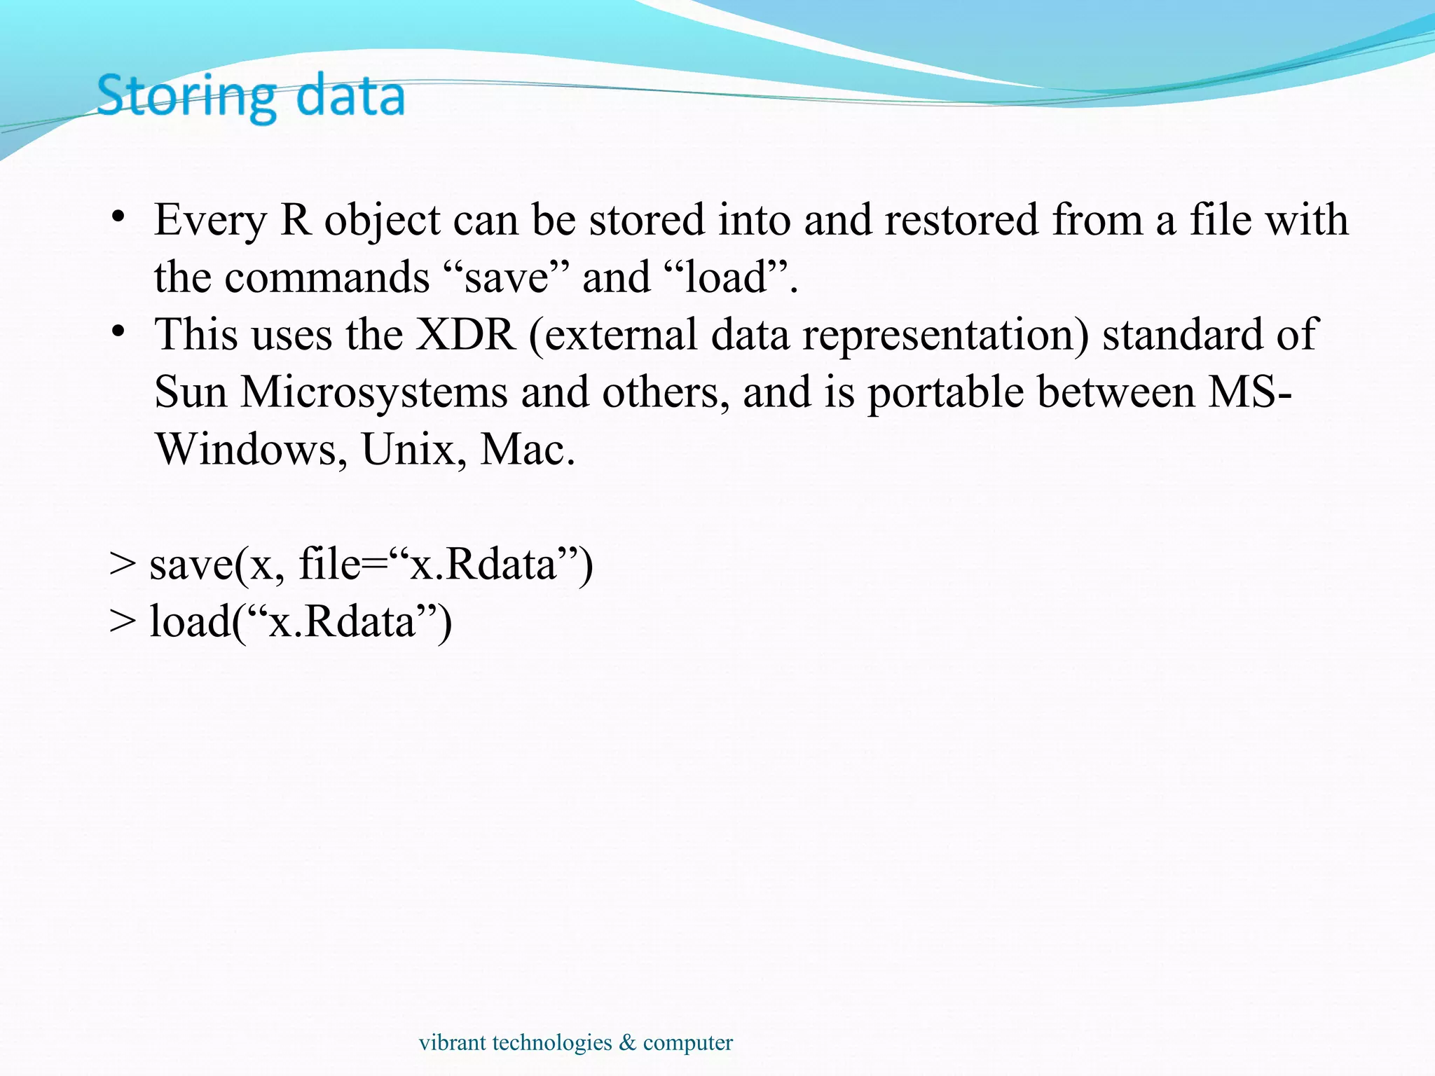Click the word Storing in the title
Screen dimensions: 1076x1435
pos(186,97)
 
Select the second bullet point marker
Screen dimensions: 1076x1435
pos(118,330)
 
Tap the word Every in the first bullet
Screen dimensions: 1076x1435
pos(210,221)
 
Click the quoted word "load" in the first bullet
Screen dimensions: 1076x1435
pos(725,277)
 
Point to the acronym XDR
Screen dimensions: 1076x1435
pos(466,335)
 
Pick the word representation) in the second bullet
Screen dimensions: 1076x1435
pos(946,335)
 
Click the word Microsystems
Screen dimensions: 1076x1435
pos(374,392)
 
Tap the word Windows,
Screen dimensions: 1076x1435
pos(251,450)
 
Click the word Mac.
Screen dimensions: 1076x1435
pos(527,450)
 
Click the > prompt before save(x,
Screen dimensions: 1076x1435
pos(123,565)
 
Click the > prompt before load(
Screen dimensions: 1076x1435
pos(123,622)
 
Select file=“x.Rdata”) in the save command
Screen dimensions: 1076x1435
pos(446,565)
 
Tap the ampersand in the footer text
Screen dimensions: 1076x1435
pos(627,1042)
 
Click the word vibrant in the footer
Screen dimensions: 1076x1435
pos(452,1042)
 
